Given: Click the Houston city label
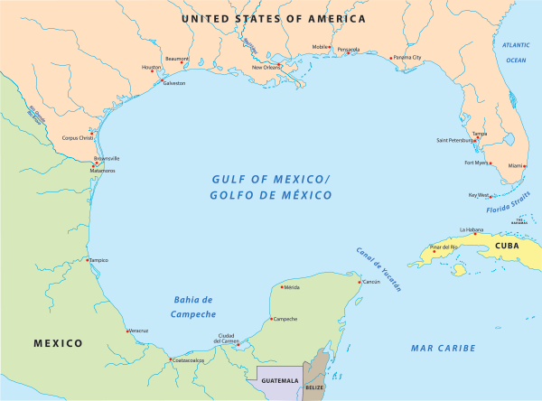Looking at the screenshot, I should [x=151, y=68].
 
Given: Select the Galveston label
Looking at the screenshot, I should [x=173, y=84].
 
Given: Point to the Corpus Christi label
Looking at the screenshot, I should [x=77, y=138].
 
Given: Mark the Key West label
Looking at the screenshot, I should [x=478, y=194].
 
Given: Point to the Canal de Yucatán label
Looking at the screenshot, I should [x=377, y=268].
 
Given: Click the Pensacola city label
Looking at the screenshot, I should [x=348, y=50].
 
